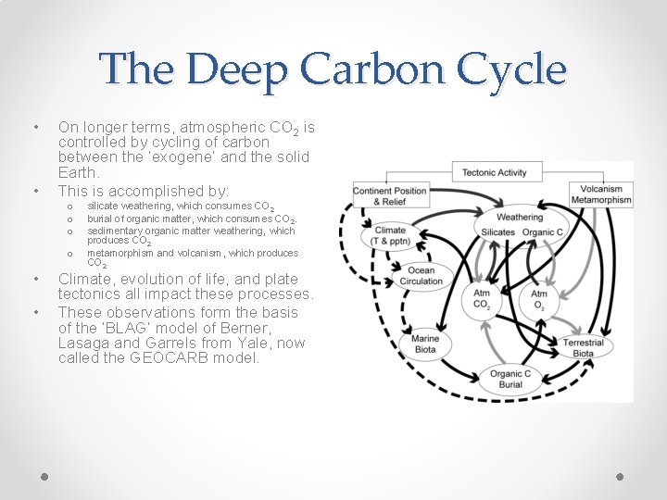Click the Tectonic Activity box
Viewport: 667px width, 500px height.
pos(494,172)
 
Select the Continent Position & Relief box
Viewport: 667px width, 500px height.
pos(390,196)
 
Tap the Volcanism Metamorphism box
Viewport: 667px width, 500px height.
pos(601,194)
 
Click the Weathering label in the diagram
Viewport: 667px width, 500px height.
pos(520,218)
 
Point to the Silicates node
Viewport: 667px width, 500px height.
pos(498,231)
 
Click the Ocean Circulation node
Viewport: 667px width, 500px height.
pos(421,276)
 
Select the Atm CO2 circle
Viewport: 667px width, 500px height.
pos(482,299)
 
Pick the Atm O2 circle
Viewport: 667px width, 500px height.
pos(538,299)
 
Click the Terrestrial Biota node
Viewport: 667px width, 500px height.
pos(583,348)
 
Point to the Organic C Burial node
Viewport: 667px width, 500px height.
pos(510,380)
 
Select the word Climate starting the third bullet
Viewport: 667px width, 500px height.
pos(85,279)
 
